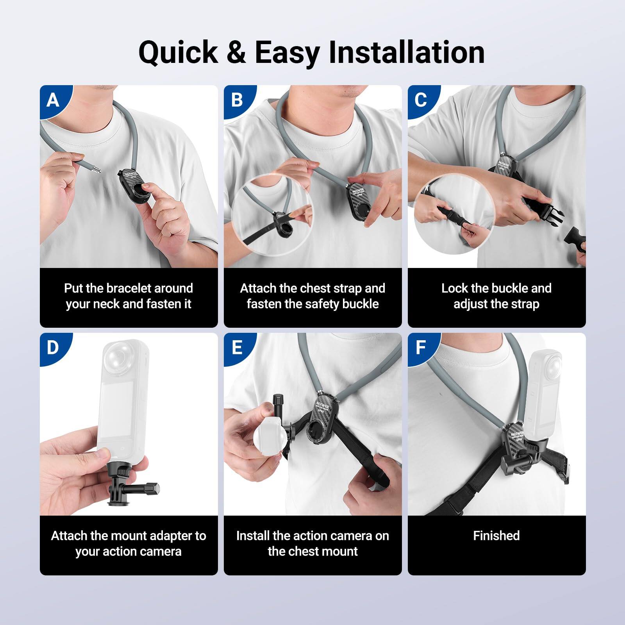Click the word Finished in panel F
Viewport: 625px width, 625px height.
click(496, 536)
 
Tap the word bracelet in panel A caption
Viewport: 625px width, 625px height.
click(129, 288)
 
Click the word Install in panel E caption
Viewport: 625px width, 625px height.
click(252, 536)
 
